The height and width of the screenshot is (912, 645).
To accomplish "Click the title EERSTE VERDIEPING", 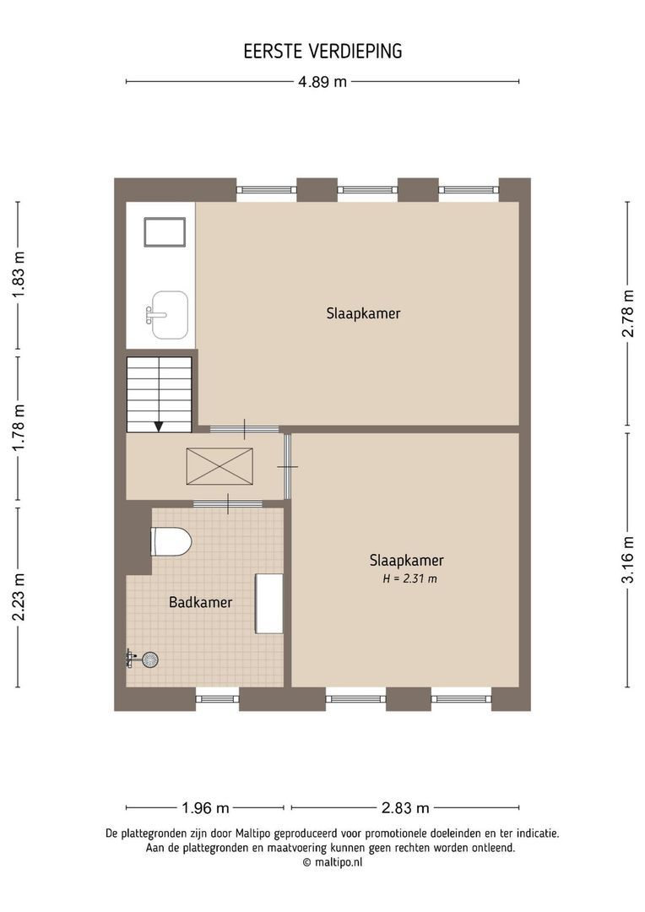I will click(x=322, y=52).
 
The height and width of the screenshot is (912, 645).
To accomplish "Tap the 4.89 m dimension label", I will click(x=322, y=82).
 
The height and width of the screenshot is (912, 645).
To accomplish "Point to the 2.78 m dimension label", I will click(x=627, y=313).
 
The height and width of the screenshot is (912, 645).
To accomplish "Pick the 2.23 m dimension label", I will click(x=19, y=596).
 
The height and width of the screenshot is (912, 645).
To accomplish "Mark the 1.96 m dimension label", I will click(x=205, y=807).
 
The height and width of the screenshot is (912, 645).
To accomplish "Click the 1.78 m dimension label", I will click(x=19, y=428).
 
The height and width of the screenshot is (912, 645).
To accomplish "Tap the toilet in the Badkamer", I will click(x=171, y=541).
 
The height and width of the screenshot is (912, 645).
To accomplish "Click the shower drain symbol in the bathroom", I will click(x=149, y=660).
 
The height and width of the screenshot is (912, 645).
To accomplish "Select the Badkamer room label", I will click(x=200, y=602).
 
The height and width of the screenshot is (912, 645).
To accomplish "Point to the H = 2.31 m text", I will click(x=409, y=579).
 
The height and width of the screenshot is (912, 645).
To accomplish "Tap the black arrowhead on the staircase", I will click(x=159, y=426).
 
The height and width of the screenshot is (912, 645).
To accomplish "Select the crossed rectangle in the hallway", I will click(x=220, y=466).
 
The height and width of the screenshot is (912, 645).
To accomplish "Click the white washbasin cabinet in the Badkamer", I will click(x=269, y=603).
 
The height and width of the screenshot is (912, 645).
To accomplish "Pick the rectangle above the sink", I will click(x=165, y=232).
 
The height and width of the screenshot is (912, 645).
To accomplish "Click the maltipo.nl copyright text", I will click(x=332, y=862).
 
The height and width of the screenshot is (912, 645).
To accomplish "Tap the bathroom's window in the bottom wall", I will click(x=217, y=698).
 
